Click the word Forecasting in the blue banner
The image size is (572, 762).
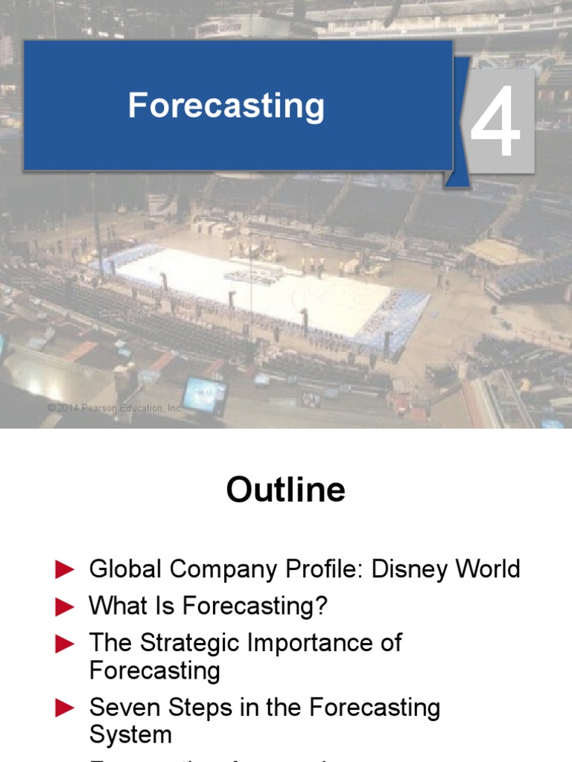(x=226, y=106)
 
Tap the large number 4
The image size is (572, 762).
(x=494, y=121)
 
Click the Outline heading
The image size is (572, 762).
(x=286, y=490)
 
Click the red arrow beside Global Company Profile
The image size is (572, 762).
(x=66, y=570)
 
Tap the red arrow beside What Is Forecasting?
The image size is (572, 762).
(x=66, y=607)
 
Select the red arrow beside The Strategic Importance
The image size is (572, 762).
(x=66, y=644)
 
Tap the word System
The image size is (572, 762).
(x=130, y=735)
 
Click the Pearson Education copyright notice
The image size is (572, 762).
(x=115, y=408)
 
